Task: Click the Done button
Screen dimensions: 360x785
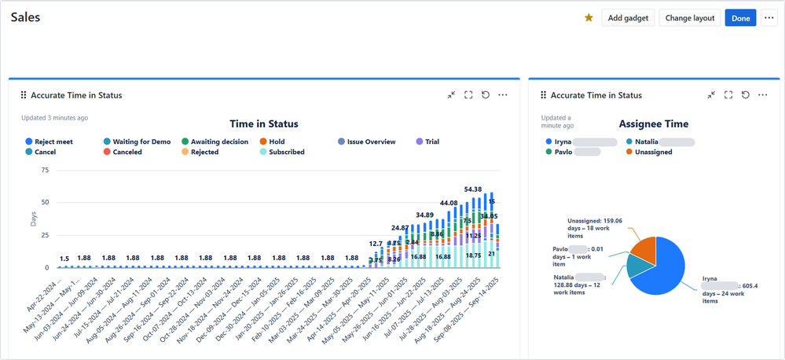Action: click(740, 18)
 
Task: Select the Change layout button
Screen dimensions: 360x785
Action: click(689, 18)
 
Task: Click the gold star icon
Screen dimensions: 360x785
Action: click(589, 18)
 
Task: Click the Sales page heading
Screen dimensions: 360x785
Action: click(25, 17)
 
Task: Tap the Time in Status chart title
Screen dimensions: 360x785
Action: click(263, 123)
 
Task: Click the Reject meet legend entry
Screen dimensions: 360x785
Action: click(53, 141)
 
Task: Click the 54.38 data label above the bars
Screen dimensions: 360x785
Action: click(473, 189)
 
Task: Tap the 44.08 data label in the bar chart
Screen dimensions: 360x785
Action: click(448, 203)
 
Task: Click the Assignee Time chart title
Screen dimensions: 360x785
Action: click(654, 123)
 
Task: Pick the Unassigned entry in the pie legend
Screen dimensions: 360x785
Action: click(648, 152)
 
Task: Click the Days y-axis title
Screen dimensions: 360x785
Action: click(33, 219)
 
